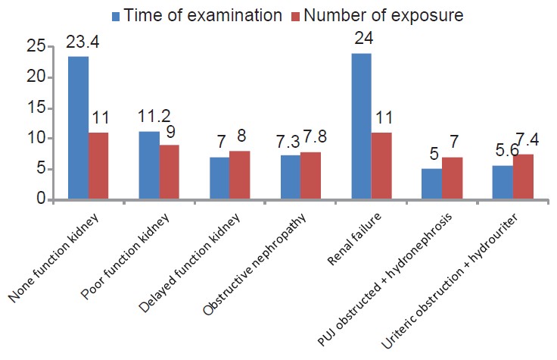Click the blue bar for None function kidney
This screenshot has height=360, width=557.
[x=78, y=128]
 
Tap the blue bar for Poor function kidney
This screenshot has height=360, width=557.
[x=148, y=165]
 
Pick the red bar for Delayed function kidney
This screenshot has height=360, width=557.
[x=239, y=175]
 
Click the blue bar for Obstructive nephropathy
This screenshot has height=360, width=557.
[x=290, y=177]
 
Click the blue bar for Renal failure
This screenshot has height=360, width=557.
[x=361, y=127]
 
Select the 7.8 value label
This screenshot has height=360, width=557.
[x=312, y=139]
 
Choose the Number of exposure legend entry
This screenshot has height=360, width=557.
[x=378, y=14]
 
